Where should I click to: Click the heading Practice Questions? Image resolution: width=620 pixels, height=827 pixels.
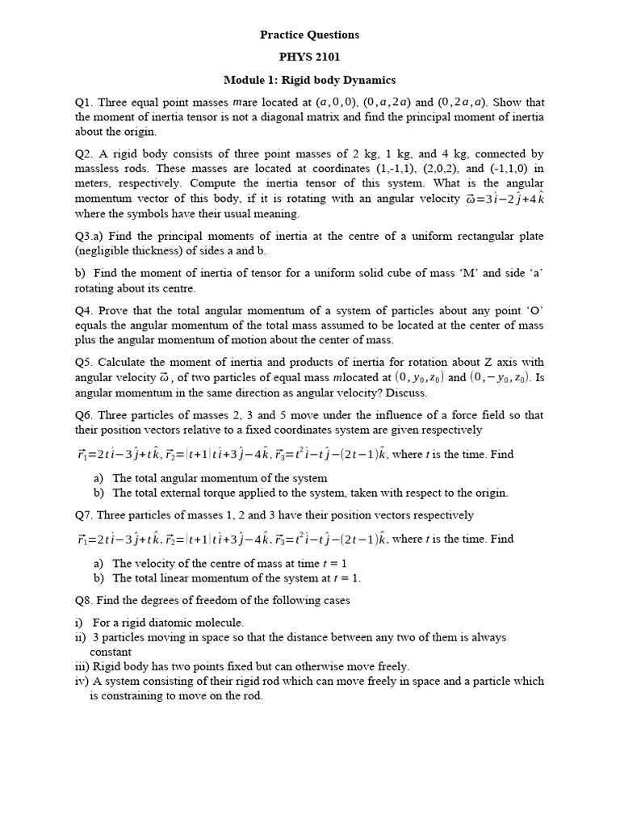coord(309,35)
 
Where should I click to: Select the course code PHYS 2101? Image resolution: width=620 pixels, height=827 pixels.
coord(309,57)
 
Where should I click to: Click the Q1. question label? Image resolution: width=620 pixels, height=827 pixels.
coord(85,103)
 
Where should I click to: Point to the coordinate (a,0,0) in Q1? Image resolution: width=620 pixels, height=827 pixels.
coord(336,103)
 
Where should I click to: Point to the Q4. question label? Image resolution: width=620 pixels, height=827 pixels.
coord(85,311)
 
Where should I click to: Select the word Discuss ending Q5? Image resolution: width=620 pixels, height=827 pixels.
coord(405,393)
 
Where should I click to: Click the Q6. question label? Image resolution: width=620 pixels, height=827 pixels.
coord(85,415)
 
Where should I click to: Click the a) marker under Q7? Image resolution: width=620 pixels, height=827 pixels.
coord(99,563)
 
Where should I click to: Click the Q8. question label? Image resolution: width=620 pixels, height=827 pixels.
coord(85,600)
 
